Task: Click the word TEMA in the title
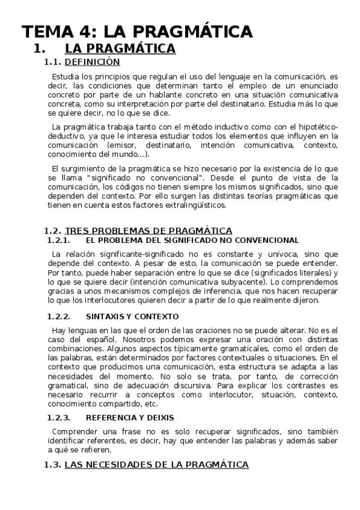click(44, 31)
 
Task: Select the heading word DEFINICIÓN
click(92, 62)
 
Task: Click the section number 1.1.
click(53, 62)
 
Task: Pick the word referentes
click(93, 441)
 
